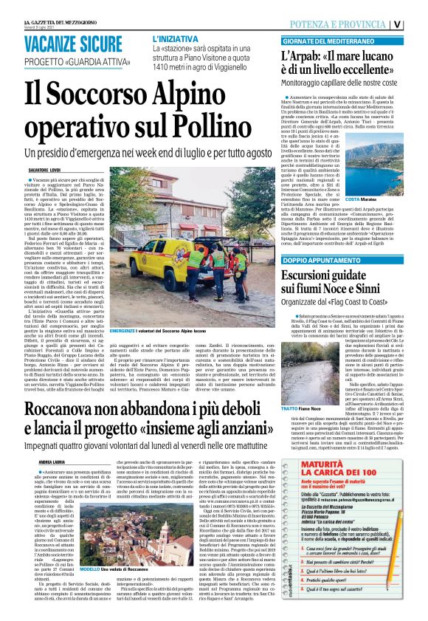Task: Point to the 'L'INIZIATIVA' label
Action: pyautogui.click(x=176, y=37)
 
